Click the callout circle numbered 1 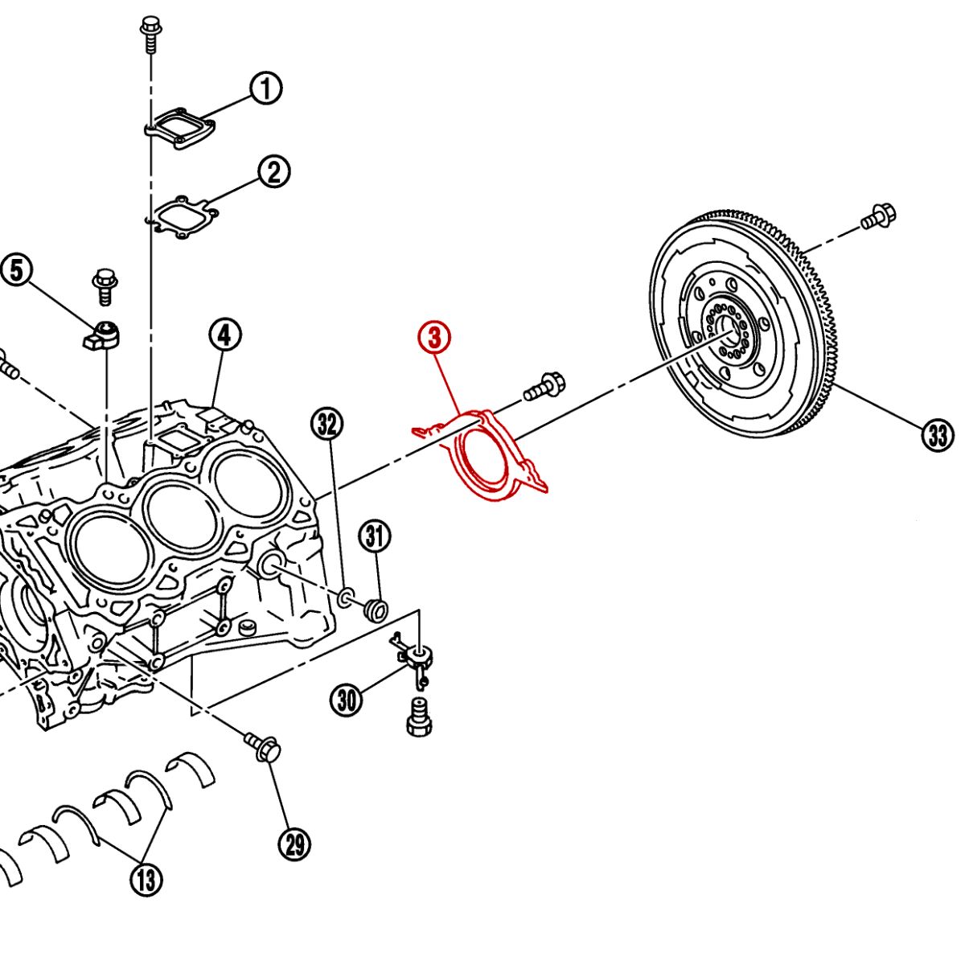pos(265,88)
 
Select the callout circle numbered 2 pos(273,172)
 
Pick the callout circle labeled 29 pos(294,844)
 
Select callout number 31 pos(375,536)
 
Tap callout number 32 pos(326,424)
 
